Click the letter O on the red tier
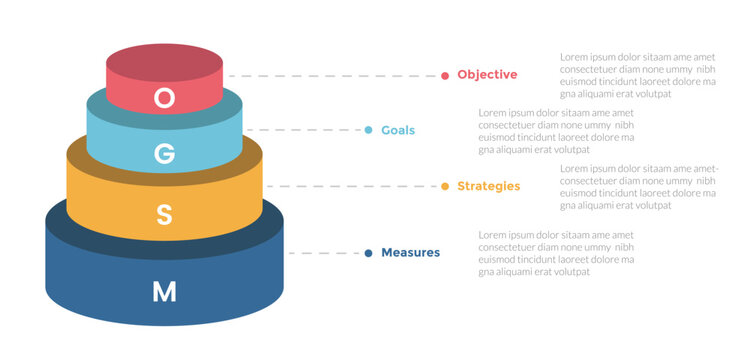(165, 97)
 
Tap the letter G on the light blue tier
(165, 153)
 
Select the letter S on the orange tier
(165, 214)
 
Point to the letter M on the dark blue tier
(164, 291)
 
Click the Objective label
(487, 75)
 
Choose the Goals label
(397, 131)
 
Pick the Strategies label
(488, 186)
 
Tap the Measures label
(410, 253)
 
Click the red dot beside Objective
(445, 75)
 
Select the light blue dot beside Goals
(369, 131)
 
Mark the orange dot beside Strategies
(445, 186)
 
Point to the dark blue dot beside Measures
(369, 253)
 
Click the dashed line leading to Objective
(335, 75)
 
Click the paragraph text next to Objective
(637, 75)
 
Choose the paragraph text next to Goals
(556, 131)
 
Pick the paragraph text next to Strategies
(637, 186)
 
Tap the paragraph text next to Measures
(556, 253)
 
